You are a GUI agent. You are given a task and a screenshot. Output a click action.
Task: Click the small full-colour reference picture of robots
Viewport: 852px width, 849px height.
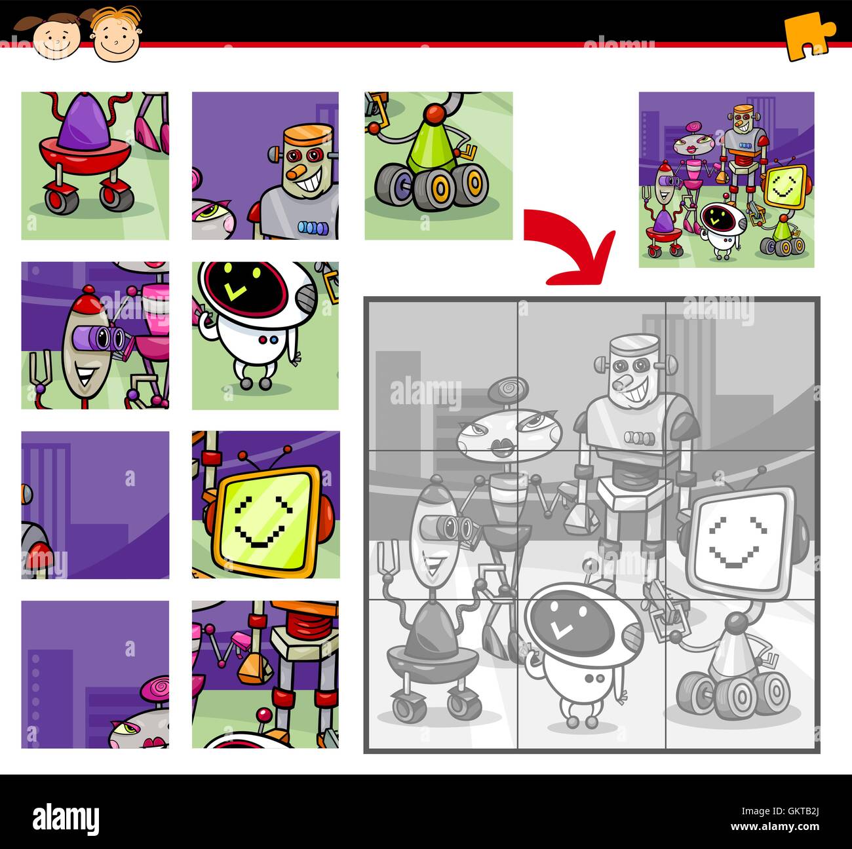click(726, 179)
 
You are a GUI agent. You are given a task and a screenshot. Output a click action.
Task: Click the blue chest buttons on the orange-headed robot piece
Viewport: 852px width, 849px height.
click(307, 227)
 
